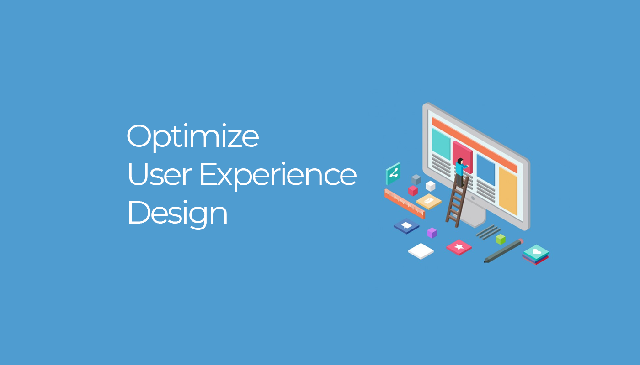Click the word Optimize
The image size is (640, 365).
193,137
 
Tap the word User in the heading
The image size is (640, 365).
160,174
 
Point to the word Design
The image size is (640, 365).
177,214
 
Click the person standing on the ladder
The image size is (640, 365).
461,172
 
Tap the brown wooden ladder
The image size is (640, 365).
457,202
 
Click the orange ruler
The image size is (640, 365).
405,203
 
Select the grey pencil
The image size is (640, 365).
503,250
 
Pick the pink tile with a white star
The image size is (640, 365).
459,247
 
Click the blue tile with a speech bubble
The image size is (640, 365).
406,226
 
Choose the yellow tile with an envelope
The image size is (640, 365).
429,201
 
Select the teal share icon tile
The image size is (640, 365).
393,174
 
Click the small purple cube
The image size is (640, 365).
432,233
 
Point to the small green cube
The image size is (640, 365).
501,239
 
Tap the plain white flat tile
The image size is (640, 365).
421,251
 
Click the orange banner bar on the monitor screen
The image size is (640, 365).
475,145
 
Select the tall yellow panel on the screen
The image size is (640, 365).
508,191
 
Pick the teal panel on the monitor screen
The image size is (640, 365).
441,144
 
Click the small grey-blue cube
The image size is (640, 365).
416,180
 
